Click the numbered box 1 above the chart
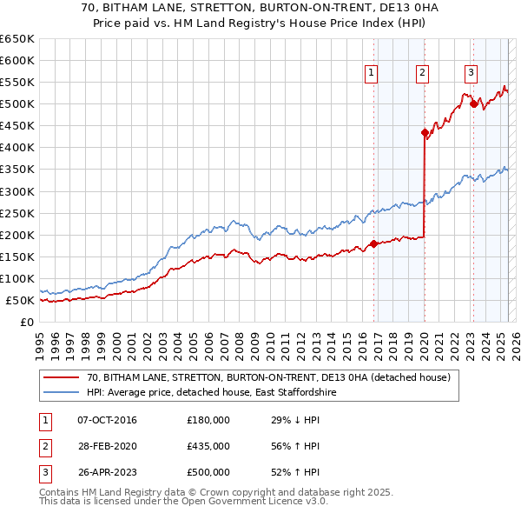pos(371,73)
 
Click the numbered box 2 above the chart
pos(422,73)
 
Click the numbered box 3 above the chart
pos(471,73)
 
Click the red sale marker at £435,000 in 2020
pos(425,133)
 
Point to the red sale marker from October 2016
pos(373,243)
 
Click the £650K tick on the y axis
pos(17,39)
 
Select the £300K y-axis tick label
pos(17,191)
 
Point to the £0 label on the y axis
pos(27,322)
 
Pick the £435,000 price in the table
pos(208,446)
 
